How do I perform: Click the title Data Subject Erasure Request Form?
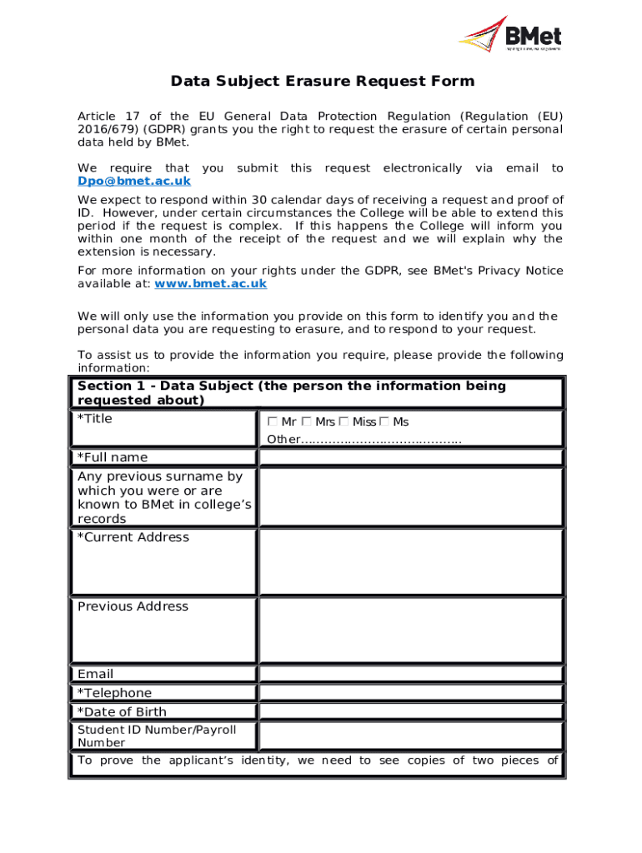point(322,81)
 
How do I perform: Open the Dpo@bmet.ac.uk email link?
point(134,181)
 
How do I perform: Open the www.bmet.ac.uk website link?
point(211,283)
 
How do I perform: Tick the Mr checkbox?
point(273,422)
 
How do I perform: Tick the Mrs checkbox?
point(307,422)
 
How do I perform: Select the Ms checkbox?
point(384,422)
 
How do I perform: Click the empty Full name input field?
point(411,457)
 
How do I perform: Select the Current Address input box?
point(411,561)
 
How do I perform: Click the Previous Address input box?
point(411,631)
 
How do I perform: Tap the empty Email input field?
point(411,675)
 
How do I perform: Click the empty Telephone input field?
point(411,693)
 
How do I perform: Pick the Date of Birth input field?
point(411,712)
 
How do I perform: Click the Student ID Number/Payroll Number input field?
point(411,736)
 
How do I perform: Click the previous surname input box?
point(411,497)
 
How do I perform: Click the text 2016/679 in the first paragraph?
point(108,130)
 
